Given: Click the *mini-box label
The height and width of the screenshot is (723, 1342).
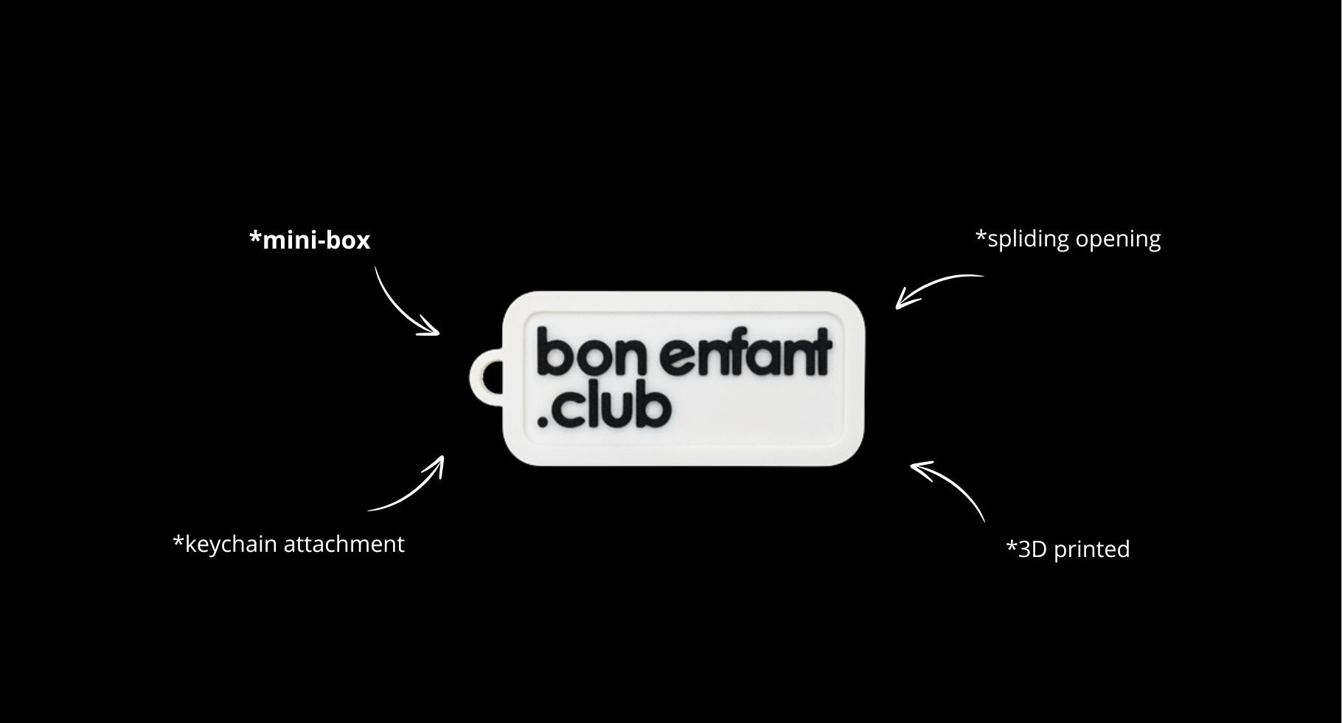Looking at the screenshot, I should click(x=310, y=241).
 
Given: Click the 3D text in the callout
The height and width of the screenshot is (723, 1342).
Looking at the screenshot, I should click(x=1032, y=550).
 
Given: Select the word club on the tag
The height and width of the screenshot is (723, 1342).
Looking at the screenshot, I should click(x=612, y=408).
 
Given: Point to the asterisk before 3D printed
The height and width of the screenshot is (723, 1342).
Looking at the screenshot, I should click(x=1011, y=545).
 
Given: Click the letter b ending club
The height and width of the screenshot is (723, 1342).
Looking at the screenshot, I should click(x=655, y=408).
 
